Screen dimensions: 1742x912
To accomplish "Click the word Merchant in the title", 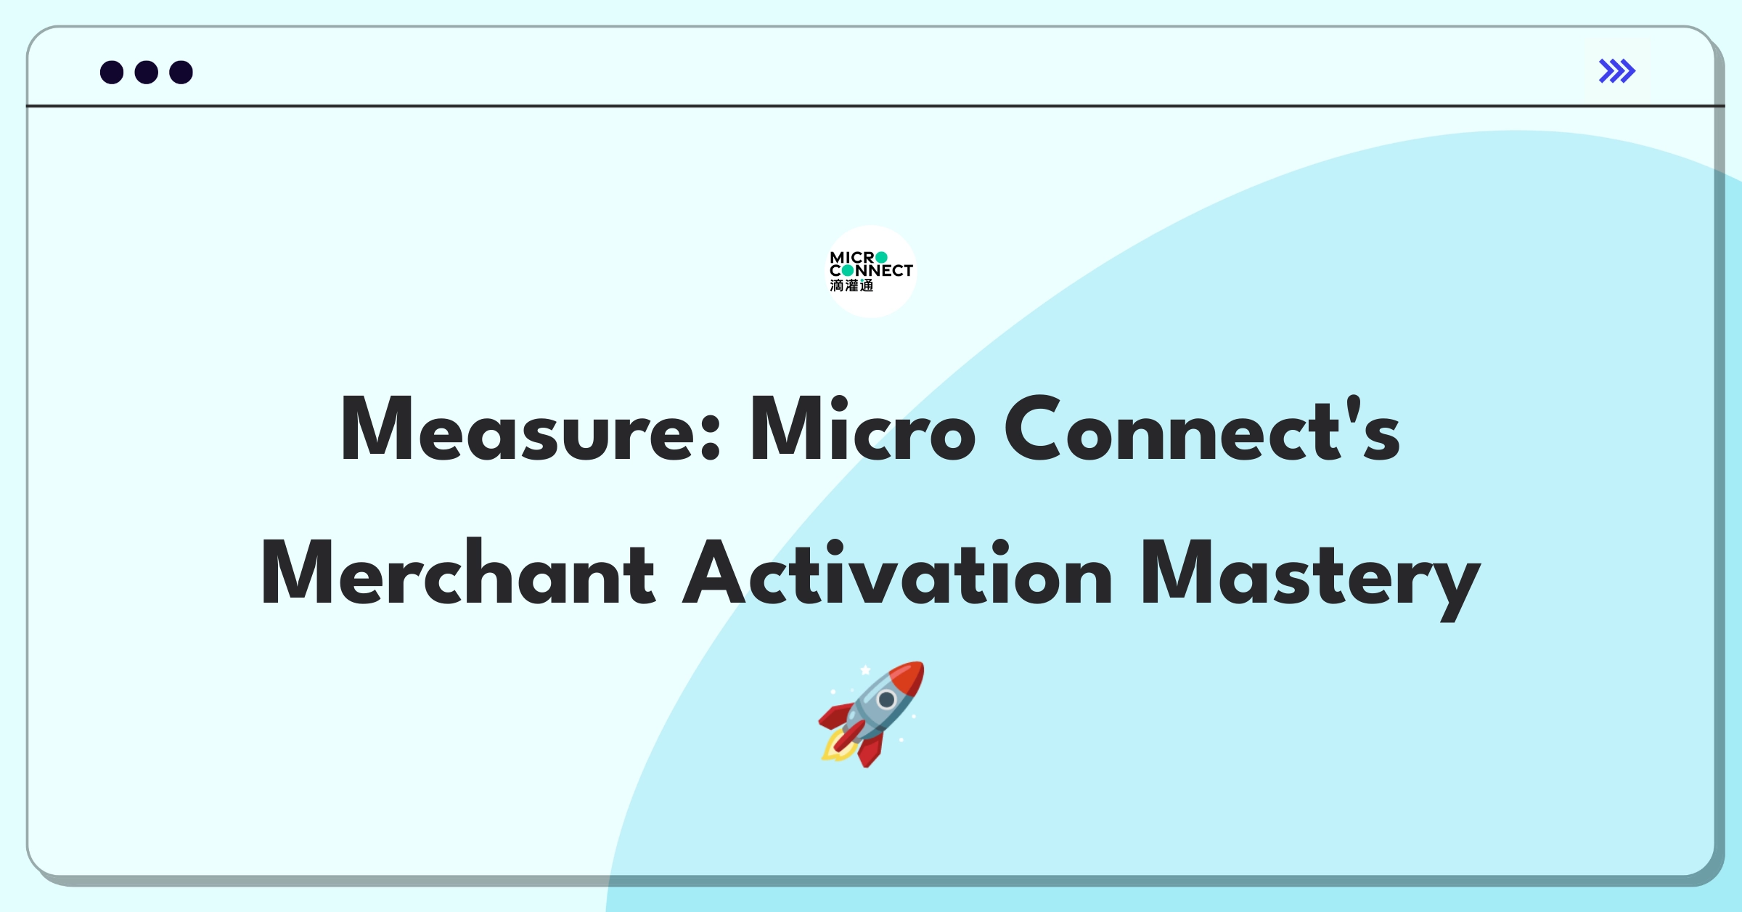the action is pyautogui.click(x=458, y=571).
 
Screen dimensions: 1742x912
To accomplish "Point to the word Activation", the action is pyautogui.click(x=897, y=571).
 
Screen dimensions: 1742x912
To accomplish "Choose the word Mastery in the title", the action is pyautogui.click(x=1311, y=579).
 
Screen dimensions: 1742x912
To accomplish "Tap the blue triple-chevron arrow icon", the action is pyautogui.click(x=1617, y=71).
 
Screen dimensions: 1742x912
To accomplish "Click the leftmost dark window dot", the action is pyautogui.click(x=112, y=73).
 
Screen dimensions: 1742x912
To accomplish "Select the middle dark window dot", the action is pyautogui.click(x=147, y=73).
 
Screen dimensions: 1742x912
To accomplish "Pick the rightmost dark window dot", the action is pyautogui.click(x=181, y=73).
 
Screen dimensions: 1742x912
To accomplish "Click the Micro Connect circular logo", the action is pyautogui.click(x=871, y=272).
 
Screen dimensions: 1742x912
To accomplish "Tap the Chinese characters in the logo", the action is pyautogui.click(x=851, y=286).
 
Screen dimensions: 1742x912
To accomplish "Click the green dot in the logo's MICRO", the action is pyautogui.click(x=881, y=258).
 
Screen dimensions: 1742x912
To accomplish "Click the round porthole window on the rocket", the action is pyautogui.click(x=886, y=700).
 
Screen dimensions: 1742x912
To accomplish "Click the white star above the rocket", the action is pyautogui.click(x=865, y=670).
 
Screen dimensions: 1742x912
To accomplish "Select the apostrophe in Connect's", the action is pyautogui.click(x=1352, y=411).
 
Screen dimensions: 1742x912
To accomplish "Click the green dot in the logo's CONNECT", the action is pyautogui.click(x=847, y=271).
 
